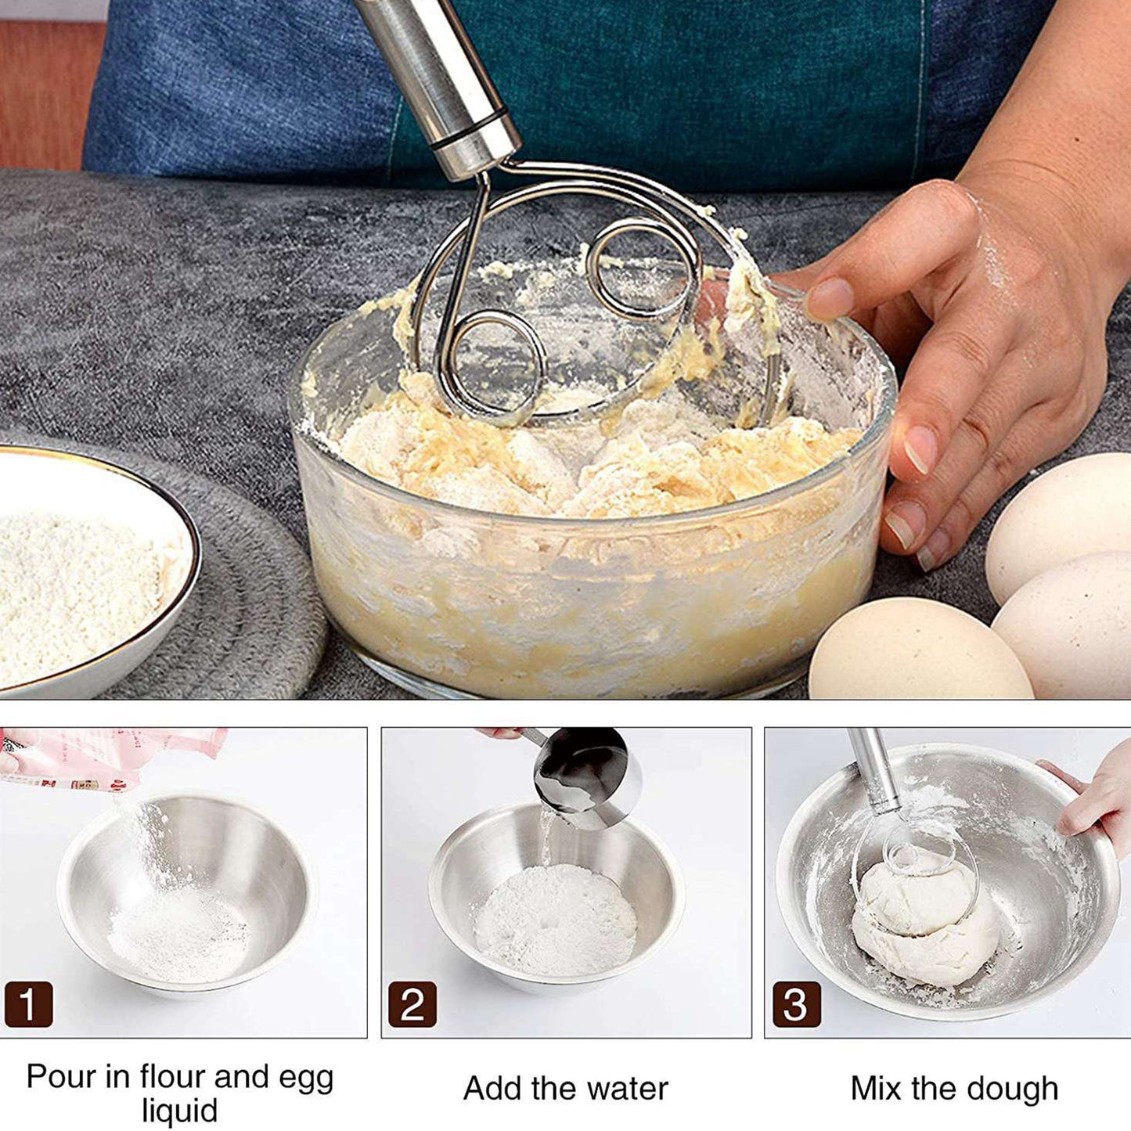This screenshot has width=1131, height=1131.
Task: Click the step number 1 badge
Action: (28, 1004)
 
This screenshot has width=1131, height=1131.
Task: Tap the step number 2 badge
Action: (412, 1004)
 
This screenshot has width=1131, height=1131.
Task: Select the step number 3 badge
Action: (796, 1004)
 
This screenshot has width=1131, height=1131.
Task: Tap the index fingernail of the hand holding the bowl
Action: (830, 298)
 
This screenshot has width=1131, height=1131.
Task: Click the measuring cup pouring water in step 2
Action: (587, 775)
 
